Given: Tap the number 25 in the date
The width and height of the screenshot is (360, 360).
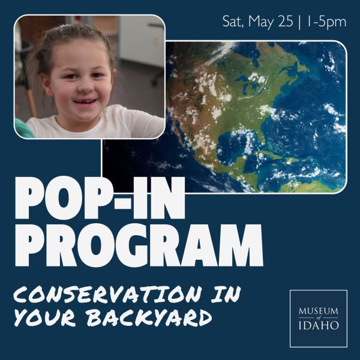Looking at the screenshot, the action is (x=286, y=22).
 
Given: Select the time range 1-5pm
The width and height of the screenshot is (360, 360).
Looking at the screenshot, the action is (x=326, y=22).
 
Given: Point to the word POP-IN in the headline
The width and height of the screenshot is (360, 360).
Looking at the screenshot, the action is (x=100, y=198).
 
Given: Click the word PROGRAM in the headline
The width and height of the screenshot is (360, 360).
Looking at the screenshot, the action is (x=139, y=245).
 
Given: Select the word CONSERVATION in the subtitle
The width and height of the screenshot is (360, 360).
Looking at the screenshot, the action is (x=108, y=294).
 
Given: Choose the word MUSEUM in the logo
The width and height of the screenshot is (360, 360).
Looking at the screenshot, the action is (x=318, y=311).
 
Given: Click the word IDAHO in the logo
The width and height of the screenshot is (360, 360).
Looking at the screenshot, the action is (x=319, y=325).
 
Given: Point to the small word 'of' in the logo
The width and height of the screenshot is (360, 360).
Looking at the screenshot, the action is (x=318, y=318).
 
